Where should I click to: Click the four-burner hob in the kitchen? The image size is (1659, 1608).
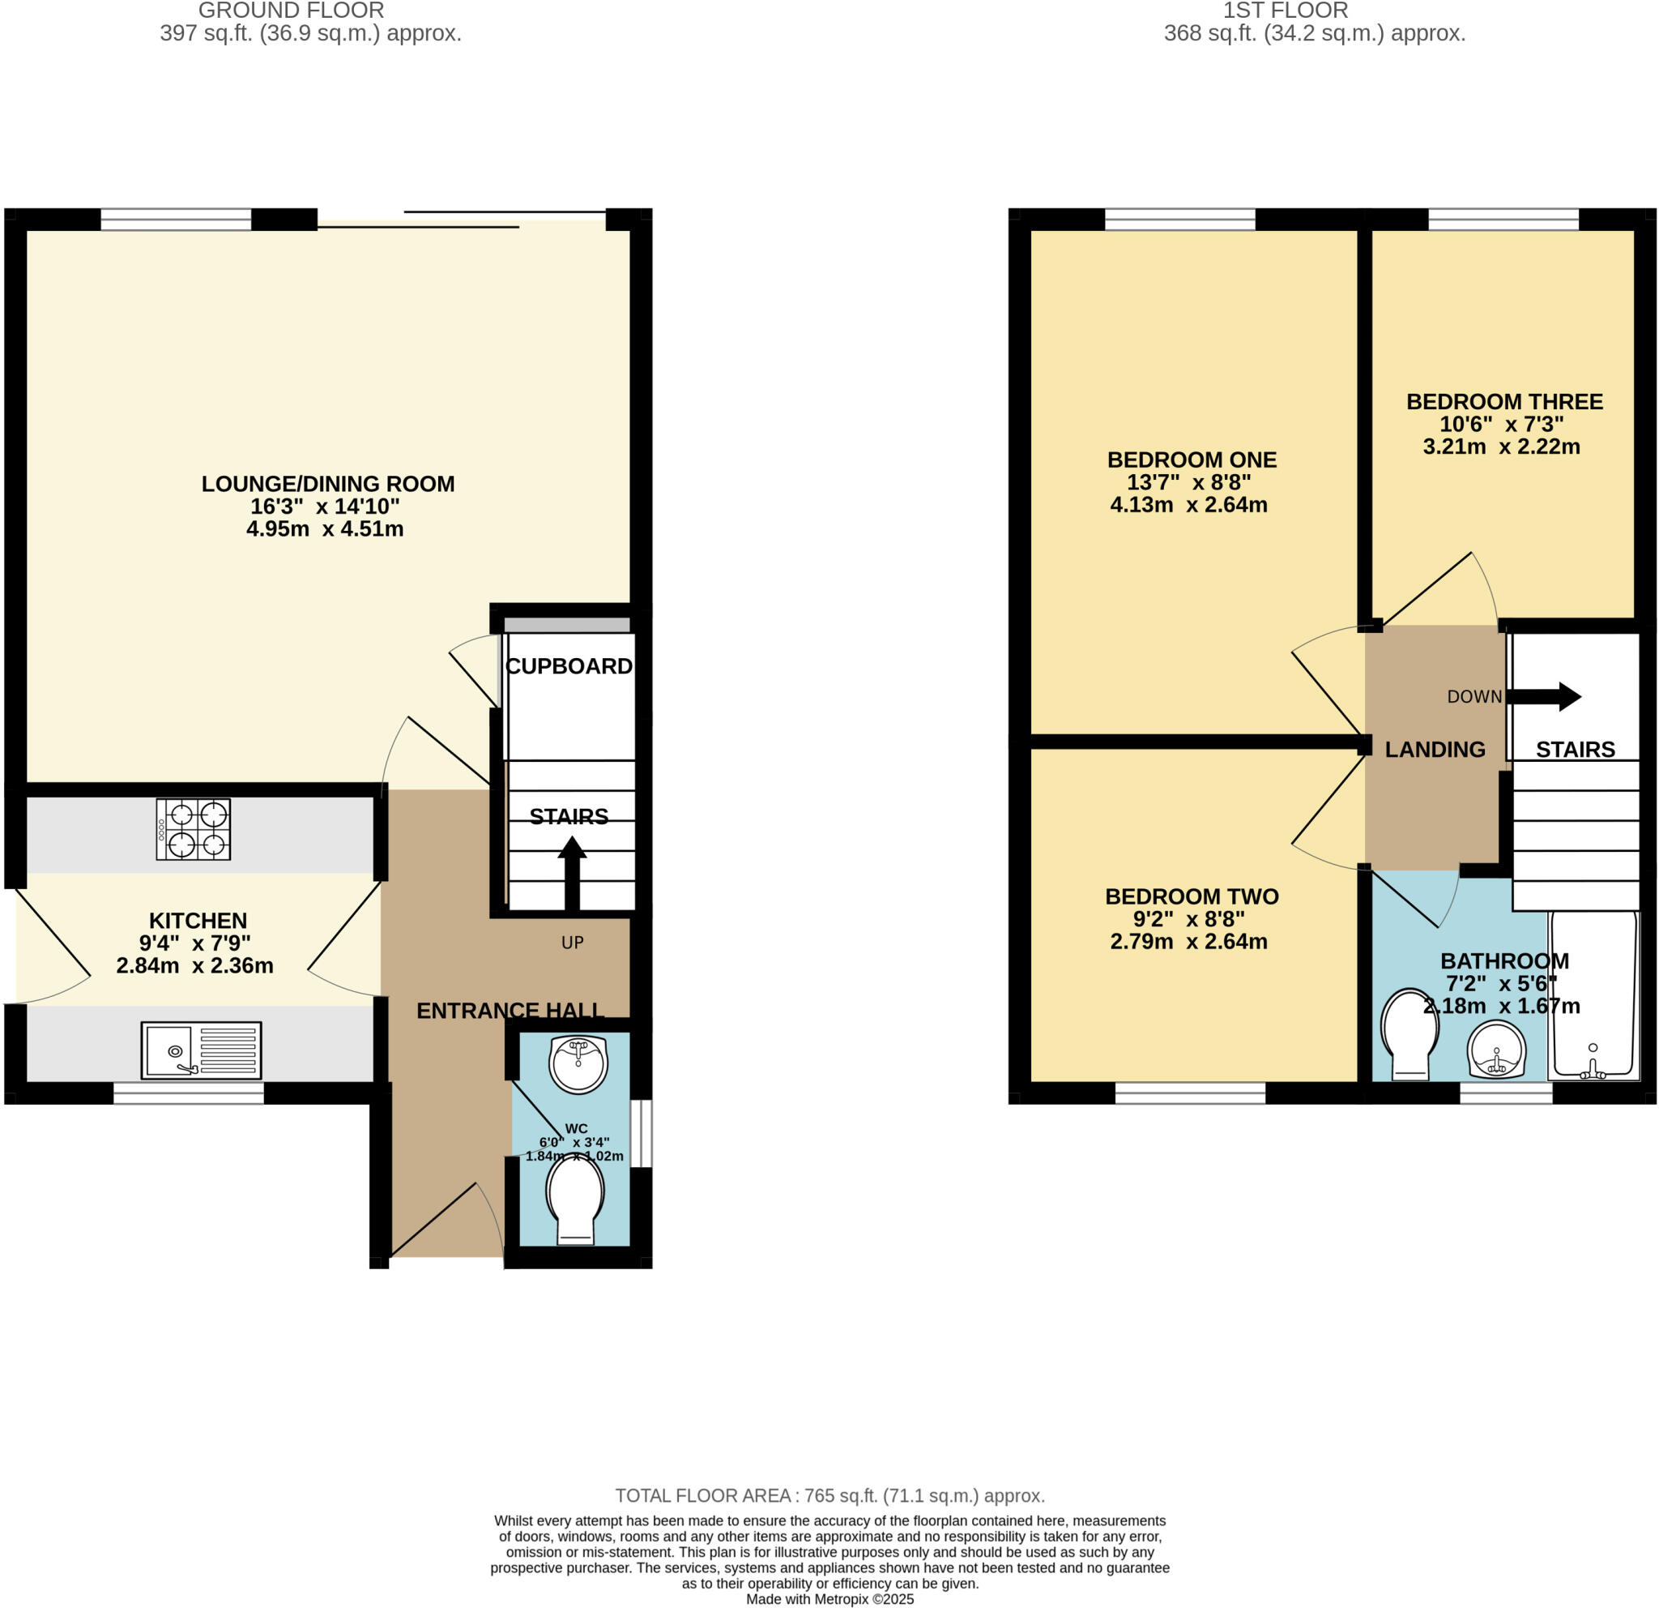click(x=193, y=830)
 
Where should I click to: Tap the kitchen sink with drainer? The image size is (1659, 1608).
click(x=201, y=1050)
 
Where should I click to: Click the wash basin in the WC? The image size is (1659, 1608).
click(x=578, y=1064)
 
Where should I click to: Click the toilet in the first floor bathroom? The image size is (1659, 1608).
click(x=1410, y=1036)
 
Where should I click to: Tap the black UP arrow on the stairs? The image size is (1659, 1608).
click(x=572, y=871)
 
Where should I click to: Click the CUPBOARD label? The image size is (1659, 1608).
click(x=569, y=666)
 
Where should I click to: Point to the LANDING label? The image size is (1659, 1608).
click(x=1435, y=750)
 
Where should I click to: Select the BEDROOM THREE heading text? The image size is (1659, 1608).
click(x=1504, y=401)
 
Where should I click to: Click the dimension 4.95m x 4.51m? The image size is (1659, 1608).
click(x=325, y=529)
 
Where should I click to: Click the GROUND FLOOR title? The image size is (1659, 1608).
click(x=291, y=11)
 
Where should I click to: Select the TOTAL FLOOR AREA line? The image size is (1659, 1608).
click(x=829, y=1495)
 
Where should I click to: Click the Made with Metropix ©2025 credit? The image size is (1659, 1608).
click(x=829, y=1600)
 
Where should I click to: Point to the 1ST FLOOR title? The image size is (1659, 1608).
click(x=1285, y=11)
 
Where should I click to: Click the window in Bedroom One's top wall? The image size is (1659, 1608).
click(x=1180, y=220)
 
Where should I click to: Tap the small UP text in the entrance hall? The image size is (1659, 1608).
click(x=572, y=943)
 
